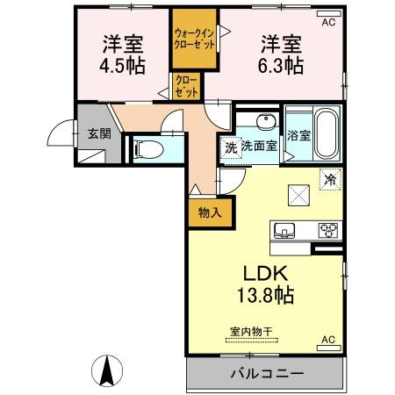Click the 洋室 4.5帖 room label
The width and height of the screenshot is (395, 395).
click(x=123, y=54)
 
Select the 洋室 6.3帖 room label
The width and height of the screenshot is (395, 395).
click(x=281, y=54)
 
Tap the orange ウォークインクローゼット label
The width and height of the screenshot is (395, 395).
click(x=194, y=39)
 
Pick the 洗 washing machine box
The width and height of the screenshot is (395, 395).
click(x=229, y=146)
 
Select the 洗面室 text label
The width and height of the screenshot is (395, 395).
click(x=260, y=146)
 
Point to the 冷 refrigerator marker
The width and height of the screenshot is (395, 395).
click(x=331, y=177)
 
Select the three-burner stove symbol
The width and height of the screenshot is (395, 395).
click(x=327, y=230)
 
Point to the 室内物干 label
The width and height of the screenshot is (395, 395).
click(x=251, y=332)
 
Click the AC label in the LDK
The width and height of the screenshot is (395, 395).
click(x=327, y=340)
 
